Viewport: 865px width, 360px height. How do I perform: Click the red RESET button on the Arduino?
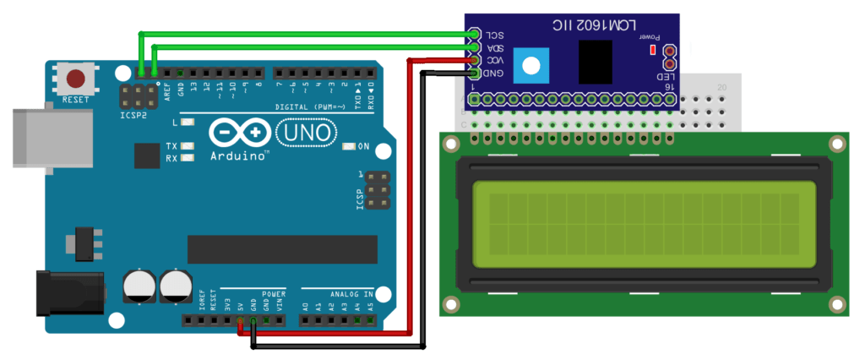pos(76,79)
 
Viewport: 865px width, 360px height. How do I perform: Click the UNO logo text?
pos(306,134)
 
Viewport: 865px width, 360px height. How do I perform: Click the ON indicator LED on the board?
pos(349,147)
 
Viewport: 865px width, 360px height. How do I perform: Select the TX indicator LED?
pos(188,146)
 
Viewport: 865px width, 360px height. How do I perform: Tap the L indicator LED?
pos(188,123)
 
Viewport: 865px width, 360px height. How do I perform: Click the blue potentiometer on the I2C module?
pos(531,65)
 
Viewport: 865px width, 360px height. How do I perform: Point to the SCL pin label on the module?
pos(494,35)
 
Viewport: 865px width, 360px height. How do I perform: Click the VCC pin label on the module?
pos(494,61)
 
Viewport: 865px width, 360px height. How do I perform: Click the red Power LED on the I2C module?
pos(652,50)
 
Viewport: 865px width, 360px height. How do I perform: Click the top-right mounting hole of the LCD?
pos(837,145)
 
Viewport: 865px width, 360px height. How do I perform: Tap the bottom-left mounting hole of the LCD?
pos(452,304)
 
